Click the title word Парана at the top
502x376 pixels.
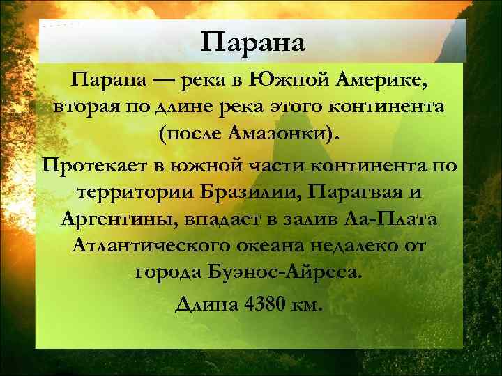tap(252, 42)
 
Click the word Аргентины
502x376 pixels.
tap(121, 221)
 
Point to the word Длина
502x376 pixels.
tap(202, 304)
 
